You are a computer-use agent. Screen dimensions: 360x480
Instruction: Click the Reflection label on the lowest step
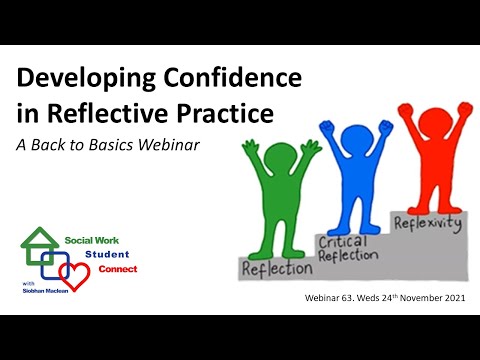[x=276, y=268]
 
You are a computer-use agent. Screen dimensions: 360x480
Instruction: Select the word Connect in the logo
[x=118, y=269]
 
